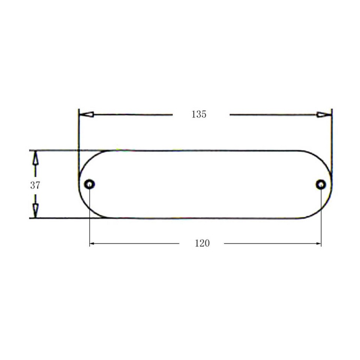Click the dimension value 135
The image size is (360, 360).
(199, 115)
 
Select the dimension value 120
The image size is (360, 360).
(202, 243)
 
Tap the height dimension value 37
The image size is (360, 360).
(35, 185)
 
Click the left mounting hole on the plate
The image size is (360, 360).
(90, 184)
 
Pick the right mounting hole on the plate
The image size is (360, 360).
(321, 184)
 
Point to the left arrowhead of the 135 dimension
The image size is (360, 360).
(86, 114)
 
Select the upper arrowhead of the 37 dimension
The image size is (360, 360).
(35, 159)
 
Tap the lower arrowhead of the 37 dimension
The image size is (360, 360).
(35, 210)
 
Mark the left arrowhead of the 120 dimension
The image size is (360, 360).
(92, 244)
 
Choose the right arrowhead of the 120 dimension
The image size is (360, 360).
(319, 244)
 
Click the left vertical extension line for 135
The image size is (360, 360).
(79, 135)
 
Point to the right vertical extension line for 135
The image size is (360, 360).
(331, 135)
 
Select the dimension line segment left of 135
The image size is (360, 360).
(131, 114)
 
